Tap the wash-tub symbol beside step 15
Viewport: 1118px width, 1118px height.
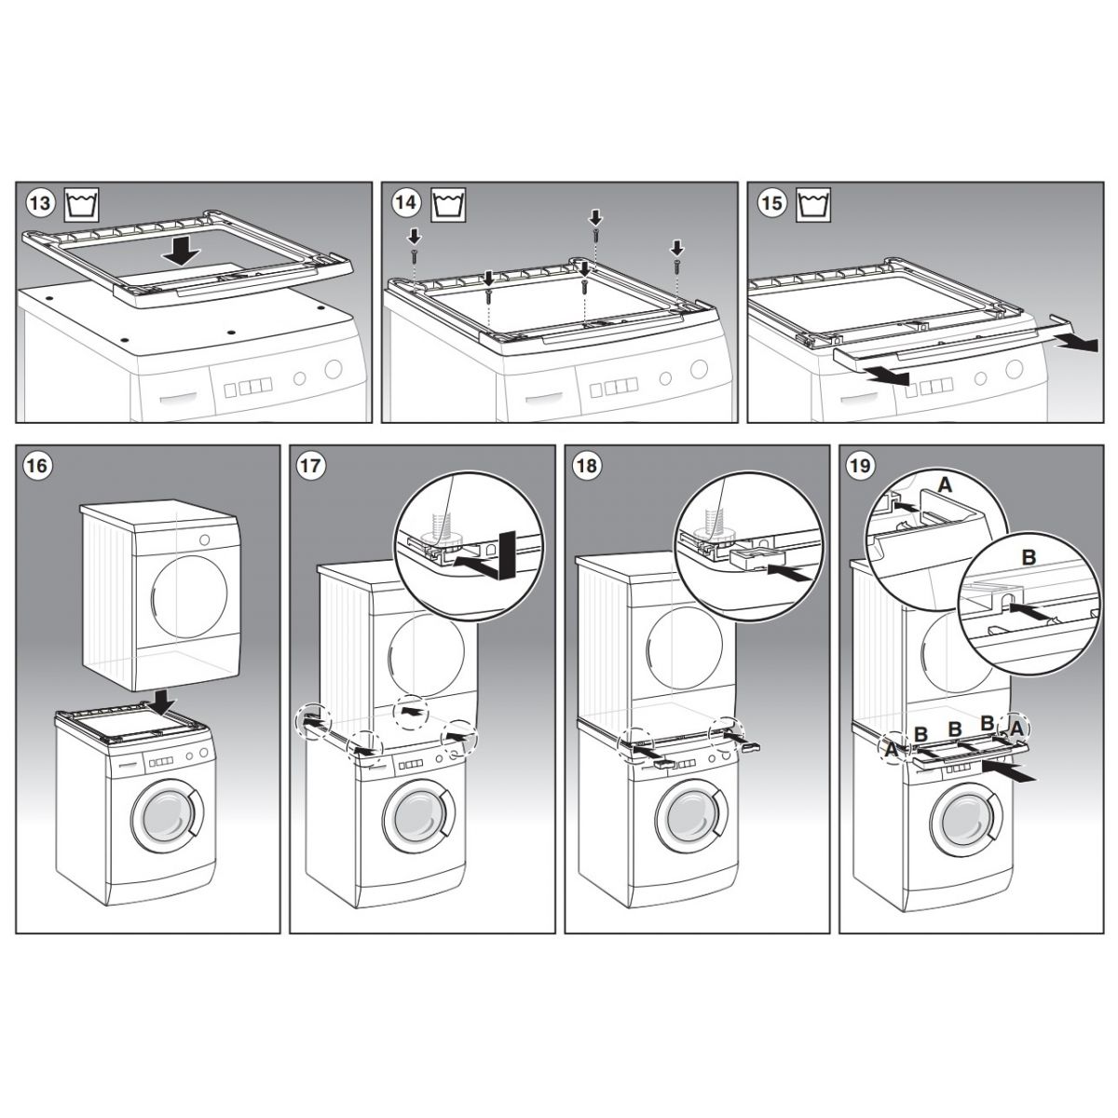click(813, 205)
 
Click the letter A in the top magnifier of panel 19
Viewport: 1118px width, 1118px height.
click(945, 485)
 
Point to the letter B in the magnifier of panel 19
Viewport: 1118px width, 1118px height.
click(1029, 558)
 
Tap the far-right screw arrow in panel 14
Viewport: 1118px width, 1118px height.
click(677, 248)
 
